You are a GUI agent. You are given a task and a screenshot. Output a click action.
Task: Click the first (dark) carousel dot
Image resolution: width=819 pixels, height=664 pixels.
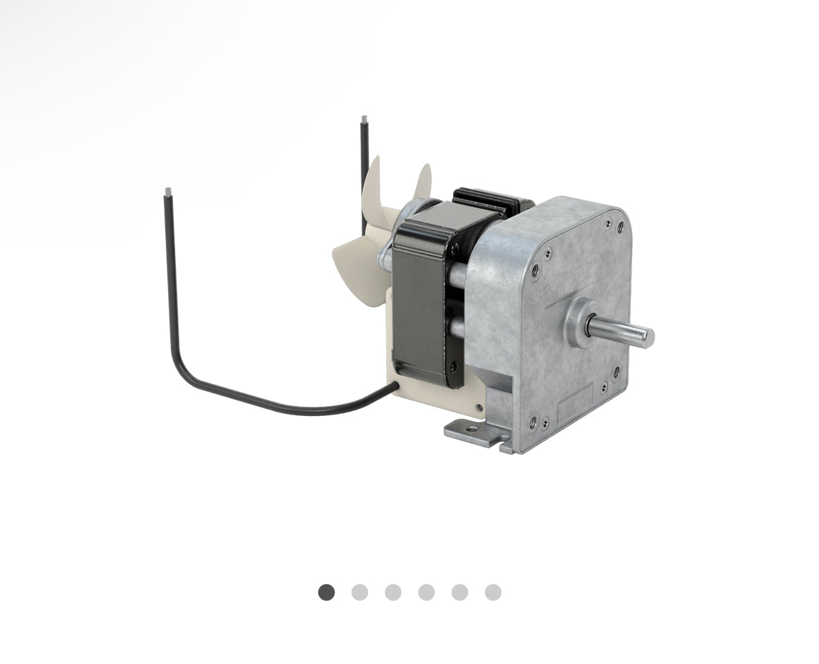pos(326,592)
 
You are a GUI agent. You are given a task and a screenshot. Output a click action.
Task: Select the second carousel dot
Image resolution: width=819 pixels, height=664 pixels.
pos(360,592)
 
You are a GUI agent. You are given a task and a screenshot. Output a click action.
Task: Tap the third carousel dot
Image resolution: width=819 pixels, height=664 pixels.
pos(393,592)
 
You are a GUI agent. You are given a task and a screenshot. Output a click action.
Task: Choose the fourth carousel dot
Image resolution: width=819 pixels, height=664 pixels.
pos(427,592)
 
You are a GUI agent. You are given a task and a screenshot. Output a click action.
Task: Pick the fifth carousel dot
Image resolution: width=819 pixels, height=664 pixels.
pos(460,592)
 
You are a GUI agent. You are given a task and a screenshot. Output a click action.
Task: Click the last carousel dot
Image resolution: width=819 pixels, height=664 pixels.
pos(493,592)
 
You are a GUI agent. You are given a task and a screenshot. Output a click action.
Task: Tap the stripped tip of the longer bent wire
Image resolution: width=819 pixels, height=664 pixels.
pos(167,191)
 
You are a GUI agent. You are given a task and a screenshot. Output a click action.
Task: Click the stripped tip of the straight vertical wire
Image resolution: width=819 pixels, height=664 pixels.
pos(363,119)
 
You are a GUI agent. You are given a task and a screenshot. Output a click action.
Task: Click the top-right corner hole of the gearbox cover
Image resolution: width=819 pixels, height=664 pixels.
pos(620,226)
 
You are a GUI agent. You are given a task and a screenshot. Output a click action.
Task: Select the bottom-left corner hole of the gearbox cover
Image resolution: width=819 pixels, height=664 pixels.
pos(533,420)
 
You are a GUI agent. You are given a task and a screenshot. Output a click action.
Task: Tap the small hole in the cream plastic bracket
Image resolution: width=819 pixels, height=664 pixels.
pos(479,408)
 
